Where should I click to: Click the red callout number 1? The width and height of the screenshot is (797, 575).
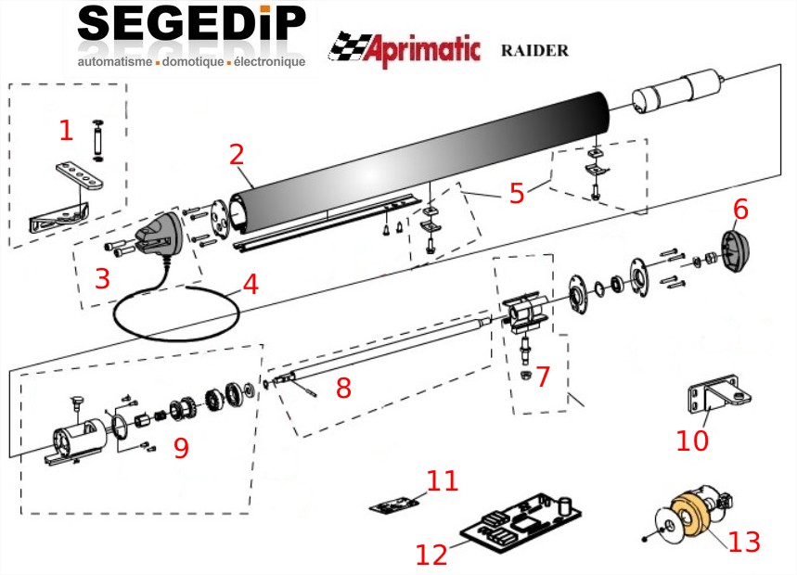[66, 130]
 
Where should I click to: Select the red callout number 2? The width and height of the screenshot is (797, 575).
[238, 153]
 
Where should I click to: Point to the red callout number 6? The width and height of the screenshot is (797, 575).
[739, 211]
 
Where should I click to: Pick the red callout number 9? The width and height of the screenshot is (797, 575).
[181, 448]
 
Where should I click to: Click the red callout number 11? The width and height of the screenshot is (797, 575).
[443, 480]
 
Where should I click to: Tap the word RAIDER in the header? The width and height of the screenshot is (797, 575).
[533, 49]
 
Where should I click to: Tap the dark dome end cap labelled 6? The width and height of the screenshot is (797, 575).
[735, 250]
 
